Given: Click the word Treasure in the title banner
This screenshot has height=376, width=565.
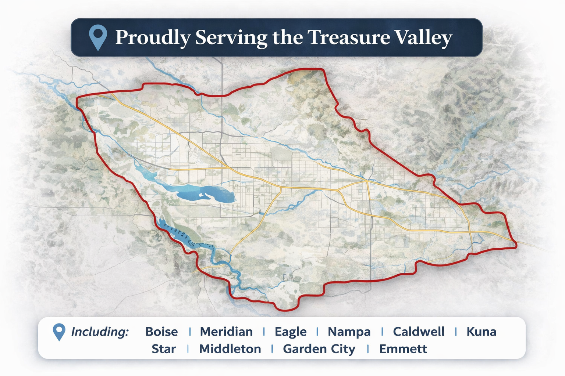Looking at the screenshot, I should (348, 37).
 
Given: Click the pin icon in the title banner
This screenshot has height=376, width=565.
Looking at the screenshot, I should (98, 37).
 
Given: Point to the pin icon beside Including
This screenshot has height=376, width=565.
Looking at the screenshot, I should (59, 332).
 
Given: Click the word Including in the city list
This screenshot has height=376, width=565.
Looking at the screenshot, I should (100, 332).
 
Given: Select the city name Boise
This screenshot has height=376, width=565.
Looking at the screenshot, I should (161, 332).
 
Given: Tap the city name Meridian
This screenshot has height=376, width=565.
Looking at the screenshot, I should (226, 332).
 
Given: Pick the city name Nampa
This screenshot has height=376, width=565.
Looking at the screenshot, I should (349, 332).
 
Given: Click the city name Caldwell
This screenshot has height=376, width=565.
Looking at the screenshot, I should (419, 332).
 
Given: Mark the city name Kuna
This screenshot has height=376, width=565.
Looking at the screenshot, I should (481, 332).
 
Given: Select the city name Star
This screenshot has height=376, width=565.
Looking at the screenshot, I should (164, 349).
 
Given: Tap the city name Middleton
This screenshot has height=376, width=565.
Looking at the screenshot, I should (230, 349).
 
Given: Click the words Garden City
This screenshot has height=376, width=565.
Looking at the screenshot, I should (319, 349).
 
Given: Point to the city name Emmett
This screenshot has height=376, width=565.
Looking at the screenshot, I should (403, 349).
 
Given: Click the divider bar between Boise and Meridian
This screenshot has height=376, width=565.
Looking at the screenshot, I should (190, 332).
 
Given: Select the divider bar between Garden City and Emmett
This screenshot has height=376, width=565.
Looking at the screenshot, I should (367, 349).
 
